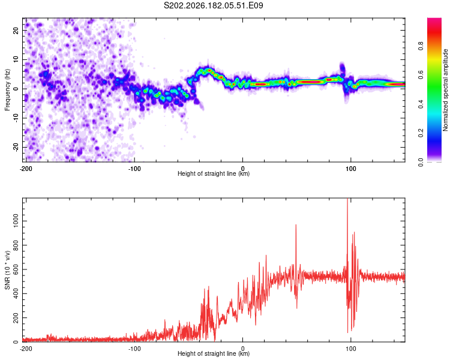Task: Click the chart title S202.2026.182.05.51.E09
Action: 213,5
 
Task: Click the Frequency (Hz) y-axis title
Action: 7,90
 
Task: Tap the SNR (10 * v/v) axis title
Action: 7,270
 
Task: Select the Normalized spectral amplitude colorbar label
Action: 445,90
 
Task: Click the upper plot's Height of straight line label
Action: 214,173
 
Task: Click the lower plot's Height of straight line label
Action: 214,353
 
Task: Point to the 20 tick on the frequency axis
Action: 16,30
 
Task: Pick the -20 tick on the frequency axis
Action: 16,147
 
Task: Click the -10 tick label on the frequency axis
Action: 16,118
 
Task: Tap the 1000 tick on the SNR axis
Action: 16,221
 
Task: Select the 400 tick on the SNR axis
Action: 16,293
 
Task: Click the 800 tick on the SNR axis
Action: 16,245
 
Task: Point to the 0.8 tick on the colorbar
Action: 421,46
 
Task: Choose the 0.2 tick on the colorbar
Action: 421,133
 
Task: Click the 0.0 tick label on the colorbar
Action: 421,162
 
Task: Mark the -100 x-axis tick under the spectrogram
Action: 134,169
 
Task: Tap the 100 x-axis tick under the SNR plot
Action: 351,349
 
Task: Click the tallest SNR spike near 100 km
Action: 347,201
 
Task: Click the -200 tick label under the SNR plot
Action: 26,349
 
